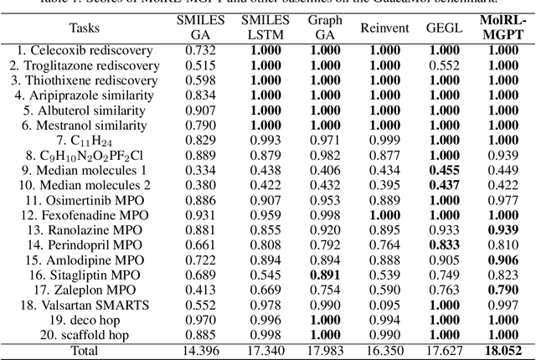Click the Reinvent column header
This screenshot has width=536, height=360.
384,28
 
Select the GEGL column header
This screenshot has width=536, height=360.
444,28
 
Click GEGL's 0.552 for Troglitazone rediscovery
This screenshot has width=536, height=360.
444,65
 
